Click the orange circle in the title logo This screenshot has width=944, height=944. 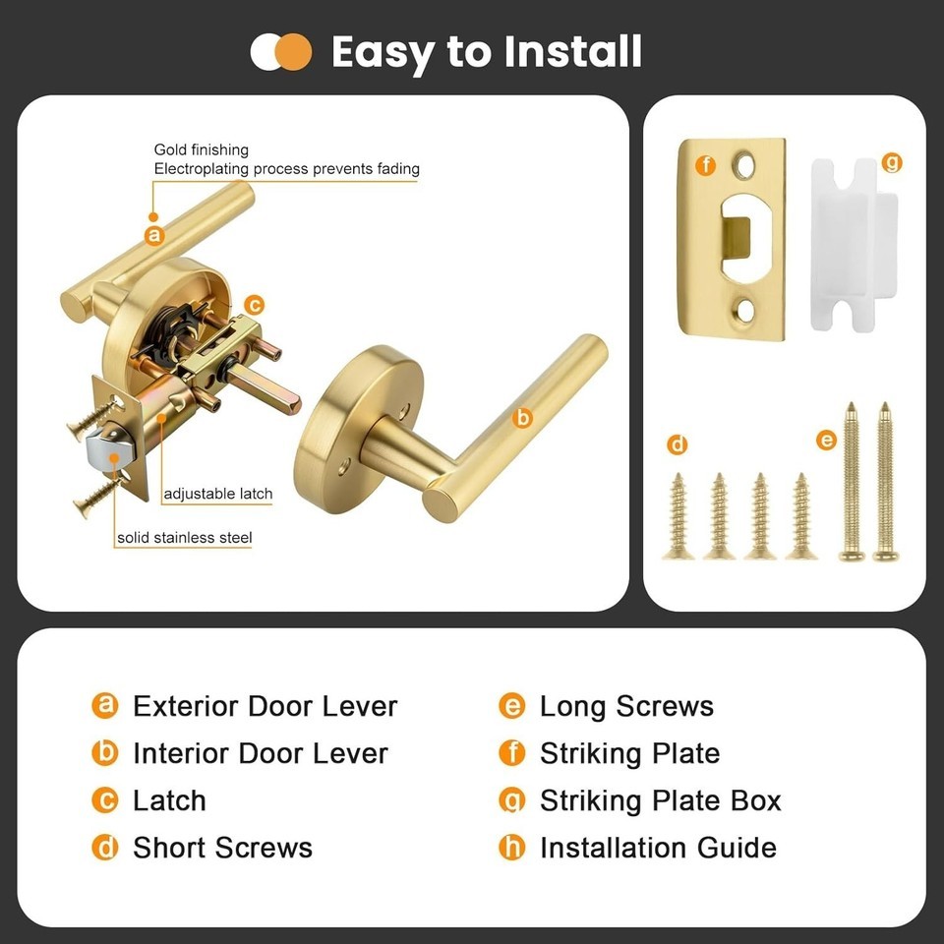[293, 52]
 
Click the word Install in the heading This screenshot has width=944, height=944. [572, 51]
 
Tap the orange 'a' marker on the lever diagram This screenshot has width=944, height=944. [154, 235]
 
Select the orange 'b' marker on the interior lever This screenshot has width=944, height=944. [522, 418]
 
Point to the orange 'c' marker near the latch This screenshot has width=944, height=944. [255, 305]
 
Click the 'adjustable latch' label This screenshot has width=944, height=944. [218, 495]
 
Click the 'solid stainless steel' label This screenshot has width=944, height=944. [184, 538]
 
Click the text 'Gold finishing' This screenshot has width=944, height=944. [201, 149]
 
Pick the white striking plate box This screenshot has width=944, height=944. [854, 244]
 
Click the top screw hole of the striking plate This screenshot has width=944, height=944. [743, 165]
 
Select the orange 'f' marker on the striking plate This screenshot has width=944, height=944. [705, 165]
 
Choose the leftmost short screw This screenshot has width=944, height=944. [678, 516]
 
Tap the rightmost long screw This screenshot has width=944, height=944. [885, 482]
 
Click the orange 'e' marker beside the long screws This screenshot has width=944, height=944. [826, 441]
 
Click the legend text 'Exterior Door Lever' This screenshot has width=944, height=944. [265, 706]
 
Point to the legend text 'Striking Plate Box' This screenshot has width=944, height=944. [661, 800]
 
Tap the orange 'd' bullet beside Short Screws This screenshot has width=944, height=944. [105, 848]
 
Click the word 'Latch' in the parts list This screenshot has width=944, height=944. [169, 800]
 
